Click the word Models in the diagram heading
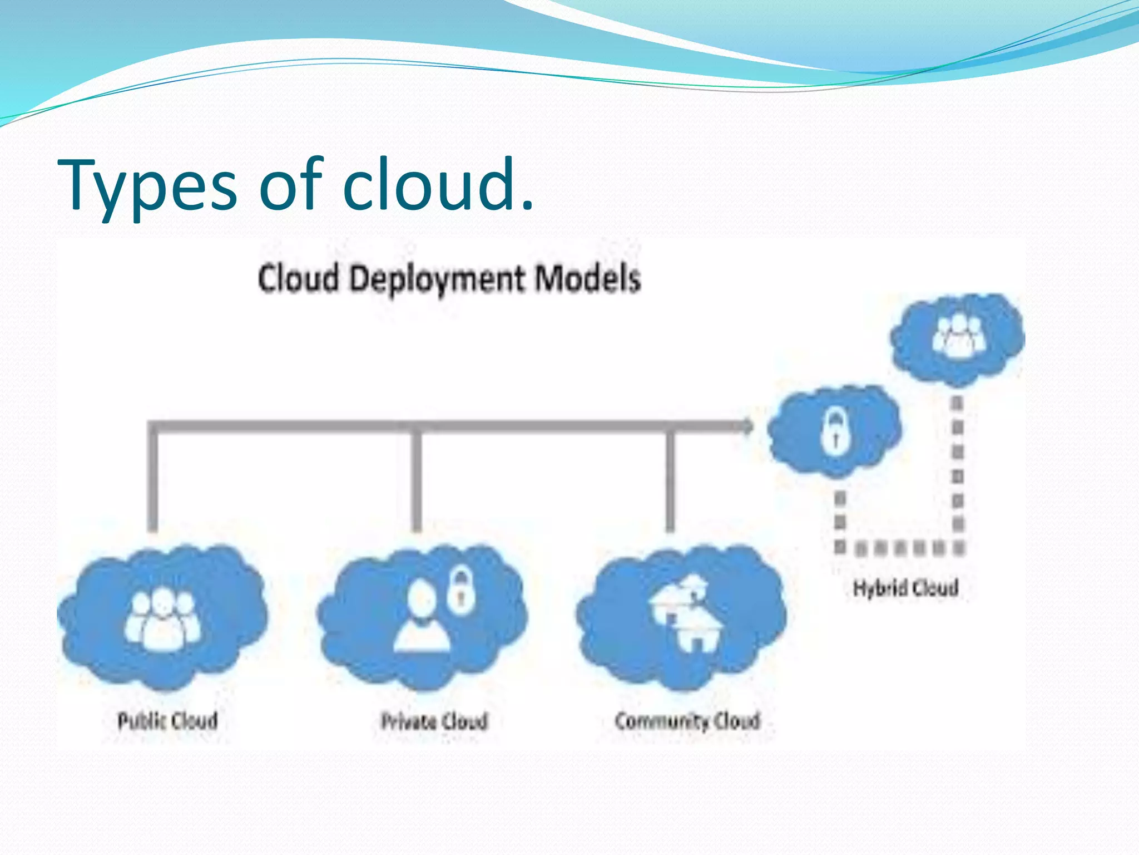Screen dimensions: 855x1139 587,278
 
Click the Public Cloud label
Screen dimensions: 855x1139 167,721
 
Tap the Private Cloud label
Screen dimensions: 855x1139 434,721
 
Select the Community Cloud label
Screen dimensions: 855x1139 687,721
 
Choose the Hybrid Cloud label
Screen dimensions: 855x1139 905,588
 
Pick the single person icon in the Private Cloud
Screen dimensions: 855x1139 422,618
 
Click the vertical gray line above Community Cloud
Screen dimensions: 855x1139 671,479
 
